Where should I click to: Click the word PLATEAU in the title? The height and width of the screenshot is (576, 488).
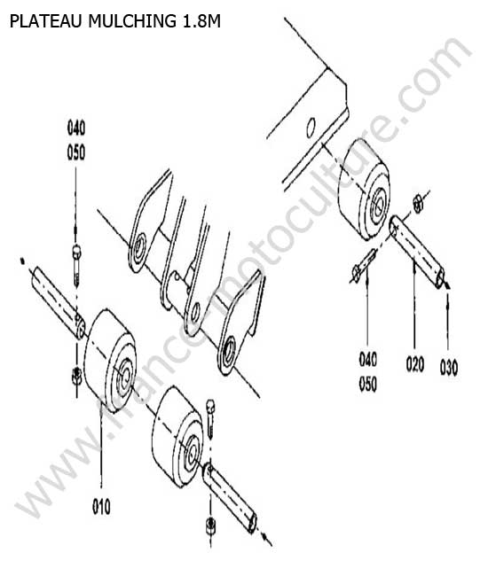point(45,21)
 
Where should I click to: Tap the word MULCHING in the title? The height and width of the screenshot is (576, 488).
point(132,21)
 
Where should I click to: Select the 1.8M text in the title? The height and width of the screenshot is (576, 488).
point(201,21)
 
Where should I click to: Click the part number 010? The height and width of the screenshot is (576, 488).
point(101,507)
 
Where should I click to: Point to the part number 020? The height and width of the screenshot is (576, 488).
point(415,364)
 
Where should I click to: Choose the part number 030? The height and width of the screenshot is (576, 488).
point(449,368)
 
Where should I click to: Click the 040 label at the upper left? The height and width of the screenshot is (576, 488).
point(76,128)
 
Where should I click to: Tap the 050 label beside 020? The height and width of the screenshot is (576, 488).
point(367,384)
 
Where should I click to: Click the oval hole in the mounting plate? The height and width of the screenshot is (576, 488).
point(311,128)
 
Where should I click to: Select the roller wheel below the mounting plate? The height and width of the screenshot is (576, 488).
point(364,190)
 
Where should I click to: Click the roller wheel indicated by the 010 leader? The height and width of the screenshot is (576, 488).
point(110,360)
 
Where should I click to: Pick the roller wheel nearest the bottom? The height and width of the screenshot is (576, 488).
point(177,437)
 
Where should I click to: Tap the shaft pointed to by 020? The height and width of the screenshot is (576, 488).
point(417,252)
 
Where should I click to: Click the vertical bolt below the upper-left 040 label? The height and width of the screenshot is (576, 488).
point(76,265)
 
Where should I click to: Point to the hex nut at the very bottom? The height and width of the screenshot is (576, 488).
point(210,526)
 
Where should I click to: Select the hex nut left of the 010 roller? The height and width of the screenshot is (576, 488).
point(76,376)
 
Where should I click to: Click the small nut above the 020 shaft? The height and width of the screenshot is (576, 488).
point(418,203)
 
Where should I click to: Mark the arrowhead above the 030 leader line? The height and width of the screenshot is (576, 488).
point(447,285)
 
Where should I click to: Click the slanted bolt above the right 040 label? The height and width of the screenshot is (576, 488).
point(364,264)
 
